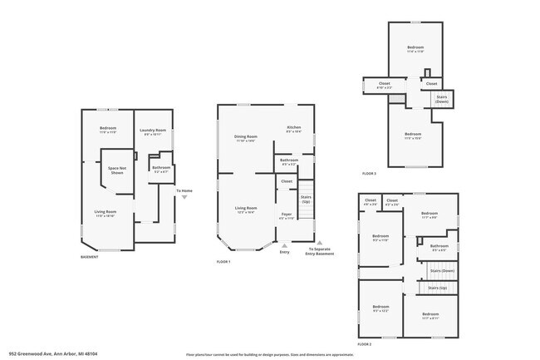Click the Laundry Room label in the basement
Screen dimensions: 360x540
153,131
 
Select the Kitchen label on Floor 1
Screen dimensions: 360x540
293,127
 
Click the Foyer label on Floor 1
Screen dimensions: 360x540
286,214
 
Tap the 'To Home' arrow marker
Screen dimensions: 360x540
184,197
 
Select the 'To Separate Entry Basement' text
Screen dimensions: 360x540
322,252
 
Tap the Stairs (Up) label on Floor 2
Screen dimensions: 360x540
437,288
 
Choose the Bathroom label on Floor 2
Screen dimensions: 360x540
439,246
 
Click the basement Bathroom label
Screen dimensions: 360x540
160,168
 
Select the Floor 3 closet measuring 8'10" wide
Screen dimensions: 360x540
385,84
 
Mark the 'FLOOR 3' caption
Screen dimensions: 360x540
369,174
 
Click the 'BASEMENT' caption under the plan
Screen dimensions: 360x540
91,257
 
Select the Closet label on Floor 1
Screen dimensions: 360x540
286,181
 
